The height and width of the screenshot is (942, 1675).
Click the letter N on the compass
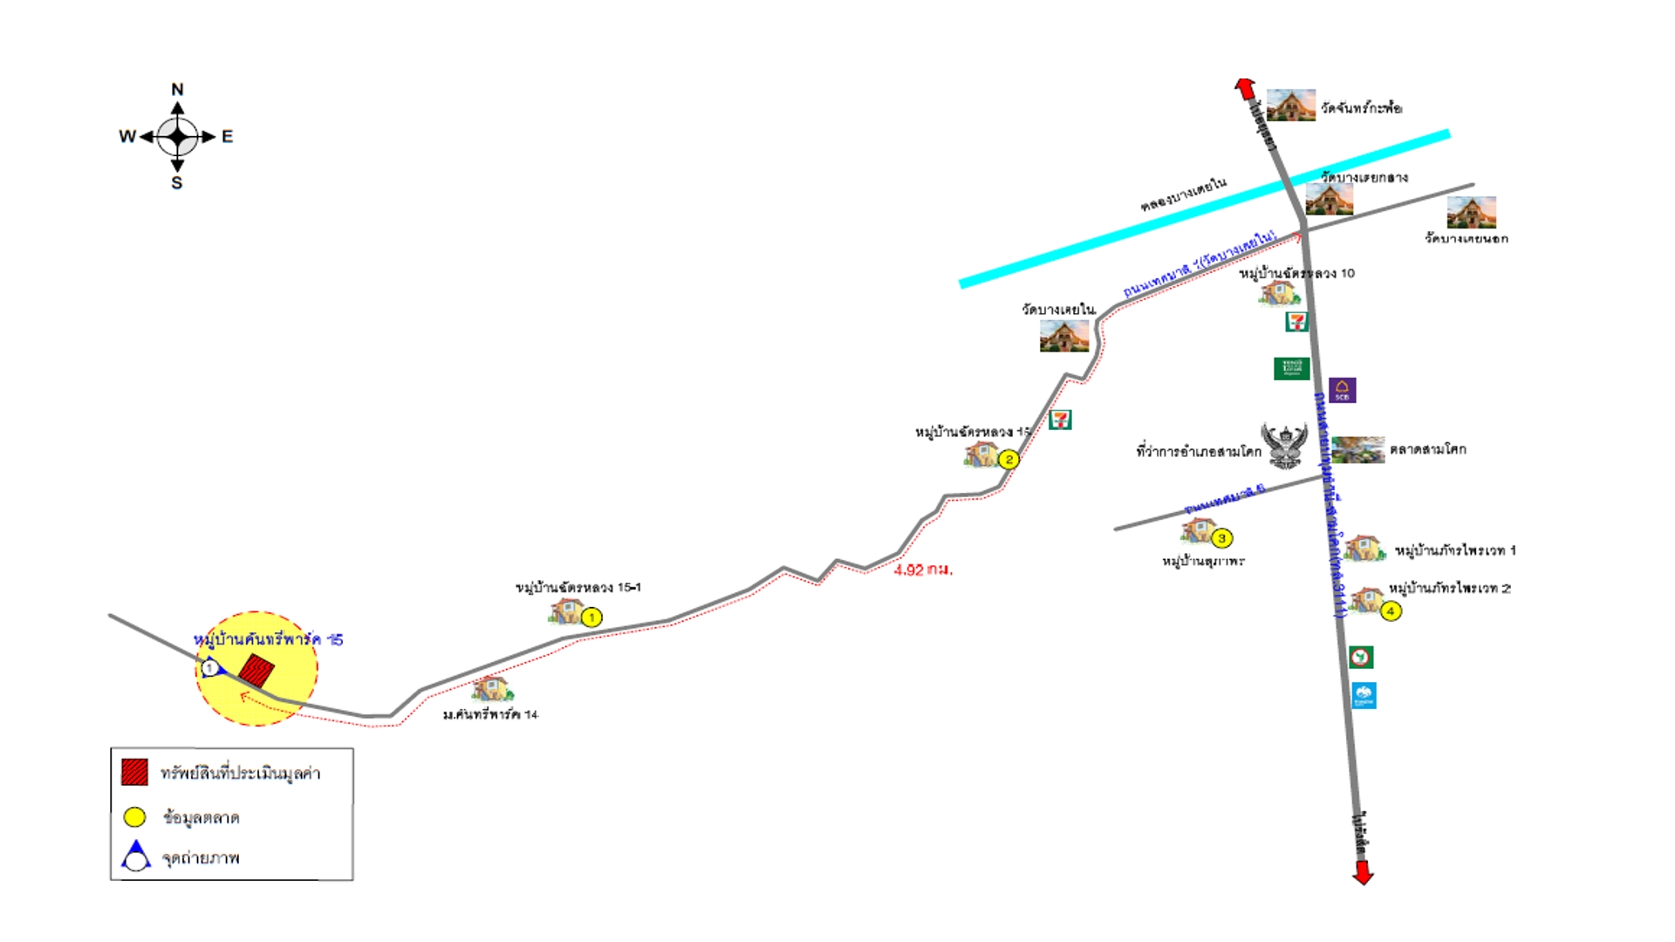coord(177,89)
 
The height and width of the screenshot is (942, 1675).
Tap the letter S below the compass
coord(177,183)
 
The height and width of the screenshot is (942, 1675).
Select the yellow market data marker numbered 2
coord(1008,460)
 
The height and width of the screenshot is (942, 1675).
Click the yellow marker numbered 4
coord(1391,611)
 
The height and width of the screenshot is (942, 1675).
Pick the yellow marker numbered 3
coord(1221,538)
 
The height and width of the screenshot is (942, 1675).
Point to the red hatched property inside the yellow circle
coord(256,671)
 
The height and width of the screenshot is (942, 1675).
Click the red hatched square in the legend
coord(134,772)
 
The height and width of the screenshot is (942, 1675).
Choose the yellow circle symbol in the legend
coord(134,817)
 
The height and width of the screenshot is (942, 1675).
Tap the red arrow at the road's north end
coord(1245,87)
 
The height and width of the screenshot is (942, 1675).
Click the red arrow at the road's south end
coord(1363,873)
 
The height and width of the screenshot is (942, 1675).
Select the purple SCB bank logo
coord(1342,390)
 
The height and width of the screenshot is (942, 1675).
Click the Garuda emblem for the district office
coord(1285,445)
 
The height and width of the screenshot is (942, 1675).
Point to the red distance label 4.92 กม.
coord(923,570)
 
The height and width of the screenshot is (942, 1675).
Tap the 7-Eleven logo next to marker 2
coord(1060,420)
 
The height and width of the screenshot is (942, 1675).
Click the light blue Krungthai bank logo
coord(1364,695)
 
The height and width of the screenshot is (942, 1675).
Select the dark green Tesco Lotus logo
coord(1291,368)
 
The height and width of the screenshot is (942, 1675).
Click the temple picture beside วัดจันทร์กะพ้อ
coord(1290,106)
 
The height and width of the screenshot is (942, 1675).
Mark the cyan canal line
coord(1204,209)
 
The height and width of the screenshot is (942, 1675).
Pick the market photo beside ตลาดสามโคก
coord(1357,450)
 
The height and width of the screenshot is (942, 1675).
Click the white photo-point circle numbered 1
coord(209,669)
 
